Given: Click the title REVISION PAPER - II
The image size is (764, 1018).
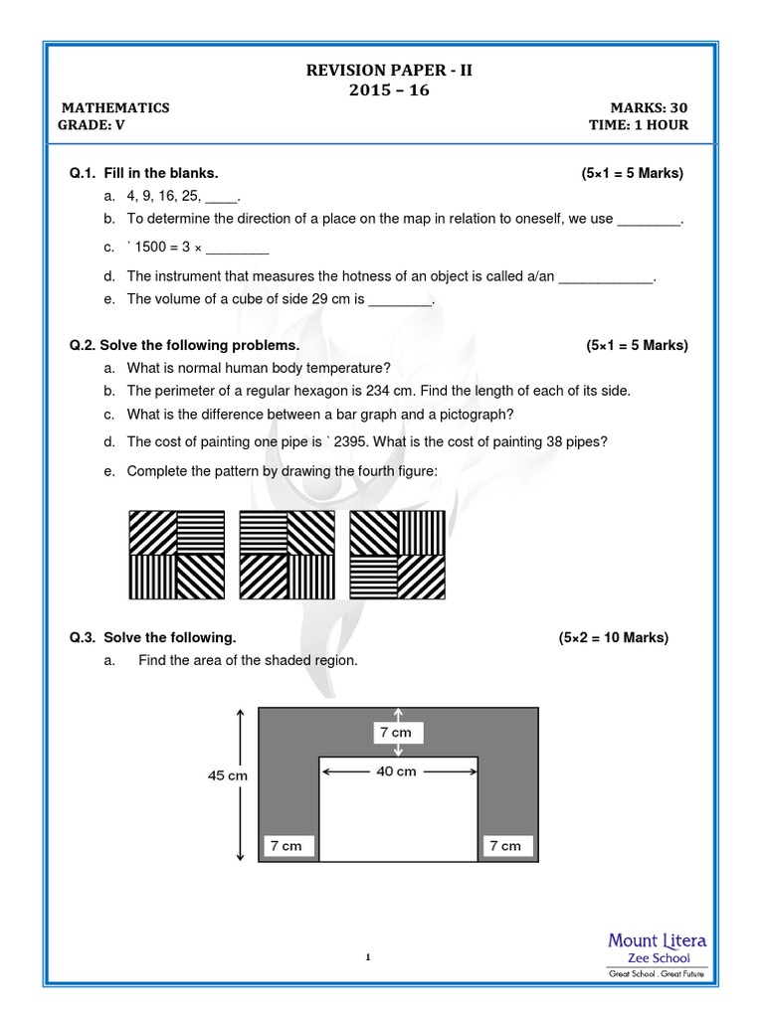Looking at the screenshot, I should [x=382, y=69].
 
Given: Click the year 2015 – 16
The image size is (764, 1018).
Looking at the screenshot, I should [x=382, y=89].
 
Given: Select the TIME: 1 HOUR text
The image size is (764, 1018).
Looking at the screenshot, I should [x=638, y=125].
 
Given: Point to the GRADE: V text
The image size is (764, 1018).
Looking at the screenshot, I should [x=94, y=125].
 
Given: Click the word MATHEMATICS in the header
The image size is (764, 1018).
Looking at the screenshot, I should [x=115, y=108].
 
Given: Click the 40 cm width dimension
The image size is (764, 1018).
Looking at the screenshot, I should [x=398, y=771].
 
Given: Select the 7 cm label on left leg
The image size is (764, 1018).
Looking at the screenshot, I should [x=286, y=846].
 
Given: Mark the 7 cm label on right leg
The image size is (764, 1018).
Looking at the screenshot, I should [x=505, y=846].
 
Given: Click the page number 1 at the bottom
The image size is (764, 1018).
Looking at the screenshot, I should [x=368, y=958].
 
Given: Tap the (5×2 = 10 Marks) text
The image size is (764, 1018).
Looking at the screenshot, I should [x=613, y=638].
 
